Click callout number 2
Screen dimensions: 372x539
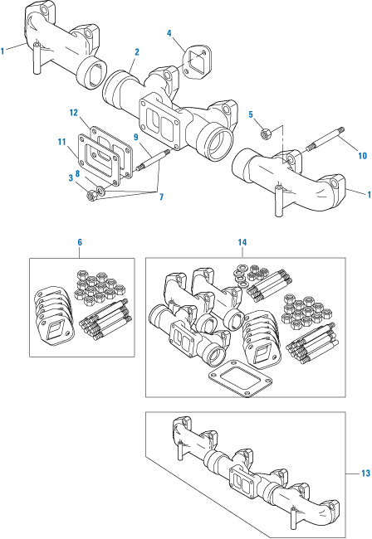pyautogui.click(x=137, y=52)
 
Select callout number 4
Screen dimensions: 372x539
pyautogui.click(x=169, y=33)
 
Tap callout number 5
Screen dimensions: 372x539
pyautogui.click(x=251, y=114)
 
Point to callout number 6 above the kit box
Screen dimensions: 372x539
pyautogui.click(x=80, y=242)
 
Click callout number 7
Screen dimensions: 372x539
pyautogui.click(x=161, y=197)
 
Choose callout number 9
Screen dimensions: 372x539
pyautogui.click(x=136, y=137)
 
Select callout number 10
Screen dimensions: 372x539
pyautogui.click(x=362, y=156)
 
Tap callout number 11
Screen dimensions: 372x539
pyautogui.click(x=61, y=142)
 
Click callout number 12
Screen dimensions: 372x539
pyautogui.click(x=73, y=113)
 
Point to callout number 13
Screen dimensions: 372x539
pyautogui.click(x=365, y=473)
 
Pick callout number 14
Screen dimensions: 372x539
pyautogui.click(x=242, y=242)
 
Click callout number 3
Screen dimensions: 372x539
pyautogui.click(x=71, y=177)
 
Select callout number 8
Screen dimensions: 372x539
pyautogui.click(x=78, y=173)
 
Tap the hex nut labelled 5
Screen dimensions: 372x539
pyautogui.click(x=266, y=132)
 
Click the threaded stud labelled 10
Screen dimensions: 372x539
pyautogui.click(x=325, y=138)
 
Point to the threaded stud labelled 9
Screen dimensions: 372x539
pyautogui.click(x=153, y=160)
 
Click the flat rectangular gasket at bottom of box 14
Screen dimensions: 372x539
pyautogui.click(x=240, y=378)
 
